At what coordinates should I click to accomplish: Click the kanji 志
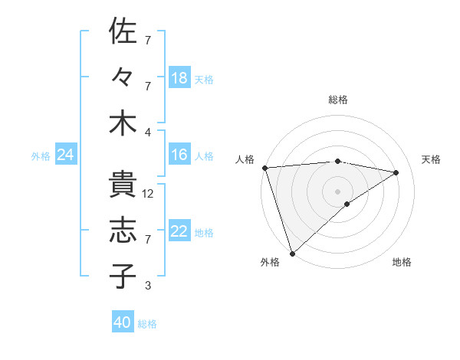point(123,230)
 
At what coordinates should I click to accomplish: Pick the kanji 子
point(123,276)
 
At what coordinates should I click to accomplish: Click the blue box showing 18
point(179,77)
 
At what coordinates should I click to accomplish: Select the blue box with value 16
point(179,155)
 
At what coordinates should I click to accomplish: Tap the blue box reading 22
point(179,231)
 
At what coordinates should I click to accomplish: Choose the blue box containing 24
point(65,155)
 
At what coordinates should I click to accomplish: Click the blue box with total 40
point(123,322)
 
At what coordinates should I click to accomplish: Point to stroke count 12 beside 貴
point(149,195)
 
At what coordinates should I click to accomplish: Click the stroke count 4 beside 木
point(147,133)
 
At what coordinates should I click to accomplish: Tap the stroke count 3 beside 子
point(147,286)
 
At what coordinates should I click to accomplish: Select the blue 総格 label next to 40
point(147,324)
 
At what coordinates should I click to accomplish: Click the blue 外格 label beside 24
point(41,156)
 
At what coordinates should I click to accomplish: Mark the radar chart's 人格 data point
point(264,168)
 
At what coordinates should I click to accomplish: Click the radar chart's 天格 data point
point(396,172)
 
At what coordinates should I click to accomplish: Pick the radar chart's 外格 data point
point(292,252)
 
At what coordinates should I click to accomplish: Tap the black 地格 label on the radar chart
point(402,262)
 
